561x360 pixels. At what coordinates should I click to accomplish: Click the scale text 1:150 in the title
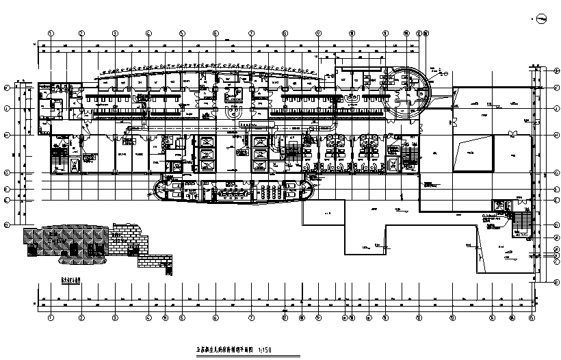point(288,348)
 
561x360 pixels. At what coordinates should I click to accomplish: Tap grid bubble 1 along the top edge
point(51,32)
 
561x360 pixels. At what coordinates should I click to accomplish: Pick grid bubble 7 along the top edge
point(251,32)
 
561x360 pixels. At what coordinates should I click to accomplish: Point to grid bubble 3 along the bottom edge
point(115,318)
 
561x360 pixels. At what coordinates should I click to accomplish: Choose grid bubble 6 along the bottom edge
point(216,318)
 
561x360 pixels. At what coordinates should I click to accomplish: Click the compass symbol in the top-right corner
point(540,18)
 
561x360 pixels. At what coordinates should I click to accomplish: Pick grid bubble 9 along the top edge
point(318,32)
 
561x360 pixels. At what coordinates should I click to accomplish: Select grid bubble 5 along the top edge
point(183,32)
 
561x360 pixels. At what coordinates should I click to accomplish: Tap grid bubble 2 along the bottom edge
point(81,318)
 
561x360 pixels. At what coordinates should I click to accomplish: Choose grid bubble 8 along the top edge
point(284,32)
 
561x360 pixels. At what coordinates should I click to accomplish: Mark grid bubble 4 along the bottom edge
point(148,318)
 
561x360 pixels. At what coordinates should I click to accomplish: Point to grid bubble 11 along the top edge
point(384,32)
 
